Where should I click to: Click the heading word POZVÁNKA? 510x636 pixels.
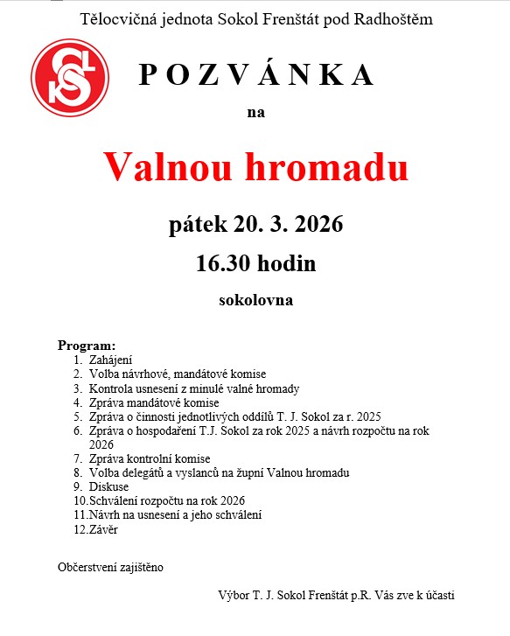pos(256,75)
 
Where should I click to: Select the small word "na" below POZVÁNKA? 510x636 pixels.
pos(255,112)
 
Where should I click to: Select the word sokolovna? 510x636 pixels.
pos(255,300)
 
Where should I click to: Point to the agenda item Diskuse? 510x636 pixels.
pos(109,486)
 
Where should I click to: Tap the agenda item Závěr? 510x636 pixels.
pos(103,529)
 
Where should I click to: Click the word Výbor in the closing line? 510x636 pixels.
pos(234,595)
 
